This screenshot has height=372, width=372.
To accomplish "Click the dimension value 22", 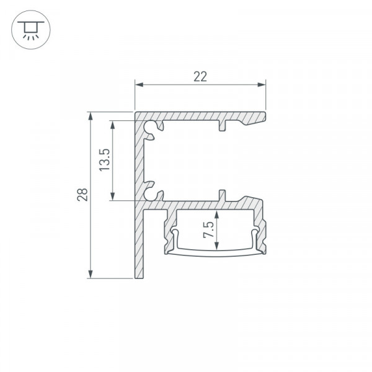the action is (200, 77).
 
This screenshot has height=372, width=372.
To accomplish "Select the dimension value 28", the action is (82, 195).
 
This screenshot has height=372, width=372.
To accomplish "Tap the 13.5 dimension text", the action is (104, 160).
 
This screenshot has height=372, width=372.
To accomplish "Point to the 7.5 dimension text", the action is (208, 229).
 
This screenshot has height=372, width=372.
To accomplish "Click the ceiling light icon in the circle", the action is (31, 30).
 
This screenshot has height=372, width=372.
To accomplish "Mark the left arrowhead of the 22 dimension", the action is (139, 84).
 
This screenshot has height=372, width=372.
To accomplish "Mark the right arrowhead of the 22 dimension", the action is (262, 84).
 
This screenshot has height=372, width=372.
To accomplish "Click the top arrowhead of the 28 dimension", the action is (91, 117).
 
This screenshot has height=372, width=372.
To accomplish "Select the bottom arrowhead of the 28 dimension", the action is (91, 274).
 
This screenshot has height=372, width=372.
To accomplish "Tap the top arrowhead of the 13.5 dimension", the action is (113, 125).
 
